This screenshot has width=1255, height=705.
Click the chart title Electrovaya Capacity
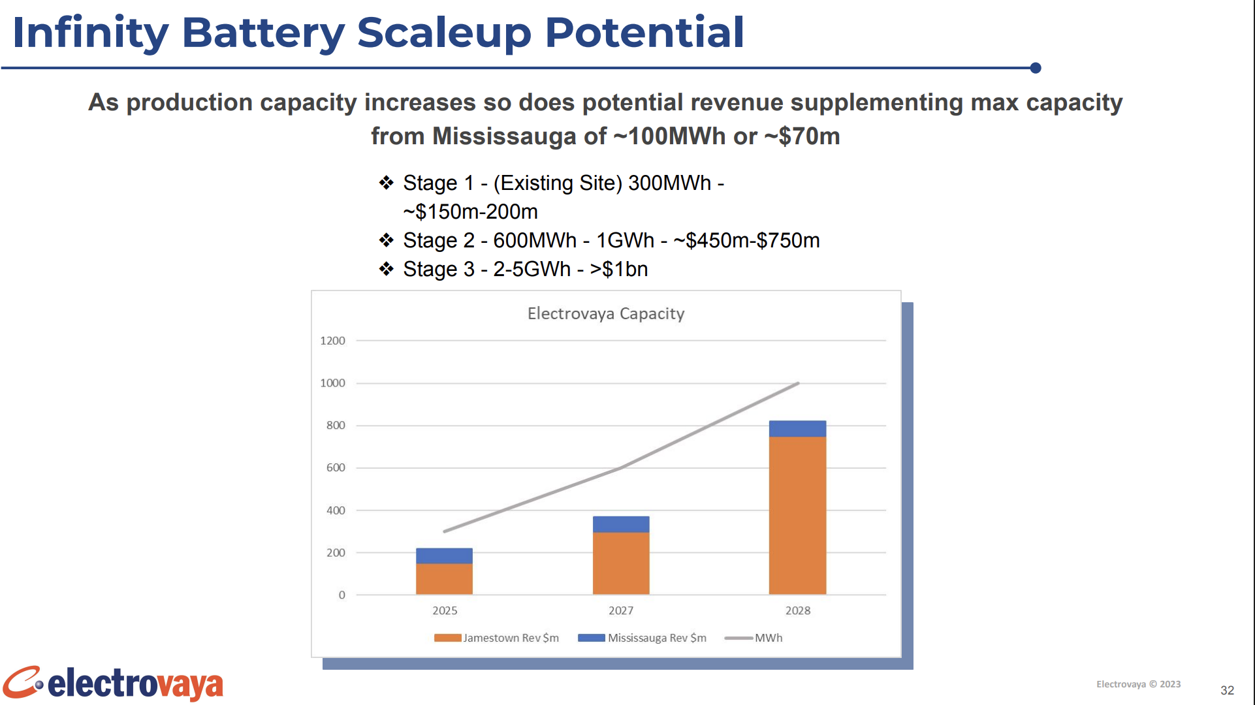coord(606,314)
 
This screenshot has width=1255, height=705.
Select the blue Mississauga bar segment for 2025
coord(444,556)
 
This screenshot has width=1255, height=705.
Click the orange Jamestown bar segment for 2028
coord(797,516)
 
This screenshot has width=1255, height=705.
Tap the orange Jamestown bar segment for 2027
coord(621,563)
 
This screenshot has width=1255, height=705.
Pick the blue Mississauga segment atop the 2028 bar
coord(797,429)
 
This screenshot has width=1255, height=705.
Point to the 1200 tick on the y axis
coord(332,341)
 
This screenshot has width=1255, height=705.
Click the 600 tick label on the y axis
coord(336,467)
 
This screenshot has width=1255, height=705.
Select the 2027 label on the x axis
coord(621,610)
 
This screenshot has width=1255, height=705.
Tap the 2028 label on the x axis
coord(798,610)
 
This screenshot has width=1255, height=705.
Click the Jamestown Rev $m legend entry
coord(497,638)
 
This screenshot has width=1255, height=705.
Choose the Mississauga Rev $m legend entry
coord(643,638)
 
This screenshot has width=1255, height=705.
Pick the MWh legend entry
coord(754,638)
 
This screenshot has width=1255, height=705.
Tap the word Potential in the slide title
coord(644,32)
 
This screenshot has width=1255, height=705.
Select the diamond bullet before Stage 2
coord(387,240)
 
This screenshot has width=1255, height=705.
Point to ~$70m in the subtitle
coord(802,136)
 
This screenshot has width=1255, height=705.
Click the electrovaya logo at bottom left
coord(113,683)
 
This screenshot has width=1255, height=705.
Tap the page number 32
coord(1228,690)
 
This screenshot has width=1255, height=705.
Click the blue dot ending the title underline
coord(1036,68)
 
